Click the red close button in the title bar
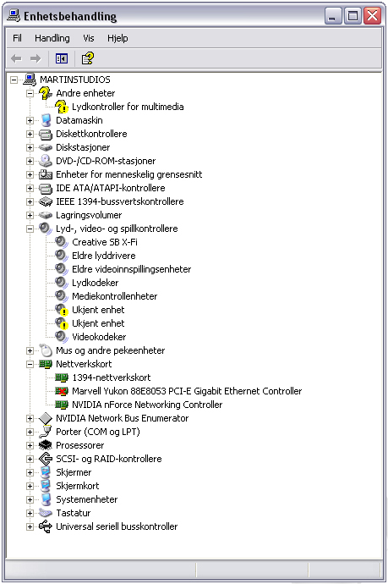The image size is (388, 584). (x=372, y=16)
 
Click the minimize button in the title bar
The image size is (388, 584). (x=332, y=16)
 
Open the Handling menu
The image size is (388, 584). (x=52, y=38)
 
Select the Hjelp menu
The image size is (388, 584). (x=117, y=38)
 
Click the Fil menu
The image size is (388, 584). (x=17, y=38)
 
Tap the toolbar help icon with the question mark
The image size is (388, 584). (x=88, y=58)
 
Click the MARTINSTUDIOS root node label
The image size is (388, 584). (x=75, y=80)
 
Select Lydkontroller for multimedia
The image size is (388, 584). (x=128, y=107)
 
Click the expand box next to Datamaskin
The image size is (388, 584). (x=30, y=120)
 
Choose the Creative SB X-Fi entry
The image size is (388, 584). (x=105, y=242)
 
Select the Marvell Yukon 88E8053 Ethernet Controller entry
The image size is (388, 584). (x=187, y=391)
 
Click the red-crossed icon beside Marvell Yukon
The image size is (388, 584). (x=62, y=391)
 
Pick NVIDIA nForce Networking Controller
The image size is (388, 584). (x=147, y=405)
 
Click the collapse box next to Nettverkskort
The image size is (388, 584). (x=30, y=364)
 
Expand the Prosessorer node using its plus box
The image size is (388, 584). (x=30, y=445)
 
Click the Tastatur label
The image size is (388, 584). (x=74, y=513)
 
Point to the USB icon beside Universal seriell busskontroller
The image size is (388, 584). (x=46, y=526)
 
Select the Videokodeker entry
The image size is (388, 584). (x=99, y=337)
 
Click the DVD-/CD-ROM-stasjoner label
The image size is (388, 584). (x=106, y=161)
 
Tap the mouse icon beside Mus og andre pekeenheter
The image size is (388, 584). (x=46, y=350)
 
